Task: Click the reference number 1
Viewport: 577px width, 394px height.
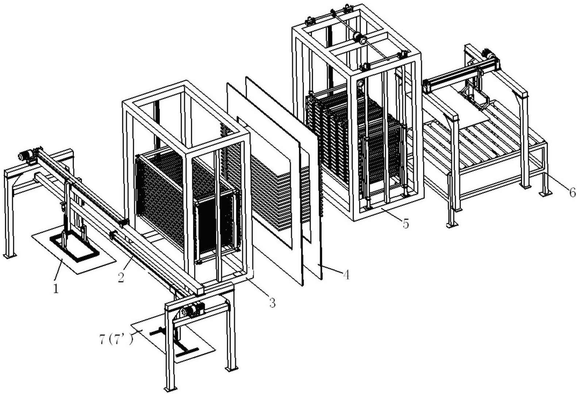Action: (x=55, y=289)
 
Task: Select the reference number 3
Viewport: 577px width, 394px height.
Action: (x=272, y=302)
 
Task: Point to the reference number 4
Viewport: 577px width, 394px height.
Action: (x=345, y=274)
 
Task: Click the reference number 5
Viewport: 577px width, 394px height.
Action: (x=405, y=223)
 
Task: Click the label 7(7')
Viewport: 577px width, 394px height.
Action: (x=116, y=340)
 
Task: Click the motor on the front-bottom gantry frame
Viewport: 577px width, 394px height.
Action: (x=191, y=310)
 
